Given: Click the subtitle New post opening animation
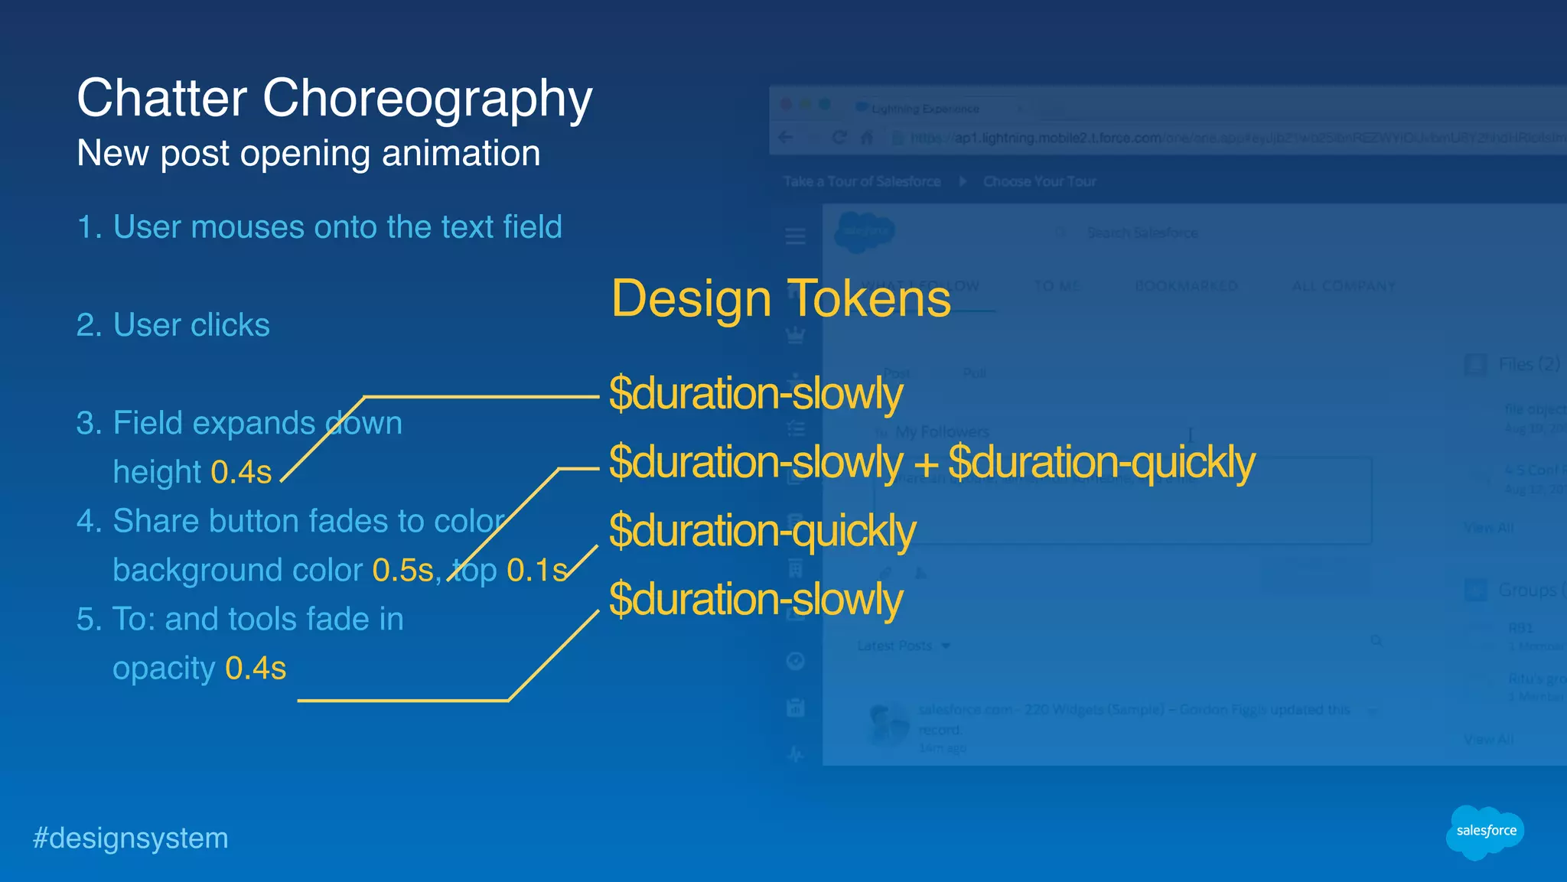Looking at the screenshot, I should (308, 153).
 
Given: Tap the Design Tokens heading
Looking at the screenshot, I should (780, 298).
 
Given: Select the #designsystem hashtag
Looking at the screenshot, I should (130, 838).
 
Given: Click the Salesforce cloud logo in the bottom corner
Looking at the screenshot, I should (1484, 832).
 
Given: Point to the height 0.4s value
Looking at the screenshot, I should (241, 473).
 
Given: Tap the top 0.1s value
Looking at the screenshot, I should (536, 571).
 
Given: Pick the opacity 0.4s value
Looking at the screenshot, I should (256, 669).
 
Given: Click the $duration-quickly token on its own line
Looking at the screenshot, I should (762, 531).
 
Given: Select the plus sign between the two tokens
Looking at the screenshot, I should (926, 464).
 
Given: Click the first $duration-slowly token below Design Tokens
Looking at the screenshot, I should (756, 394).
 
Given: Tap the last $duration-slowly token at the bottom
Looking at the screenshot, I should (756, 599).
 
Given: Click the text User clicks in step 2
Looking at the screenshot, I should (191, 325).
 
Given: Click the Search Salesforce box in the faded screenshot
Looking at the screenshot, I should (1142, 233).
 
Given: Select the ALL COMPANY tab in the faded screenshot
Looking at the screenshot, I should (1344, 286).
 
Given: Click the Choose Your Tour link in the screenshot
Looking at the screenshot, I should (1039, 181).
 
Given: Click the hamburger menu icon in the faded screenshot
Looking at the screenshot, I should (796, 236).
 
